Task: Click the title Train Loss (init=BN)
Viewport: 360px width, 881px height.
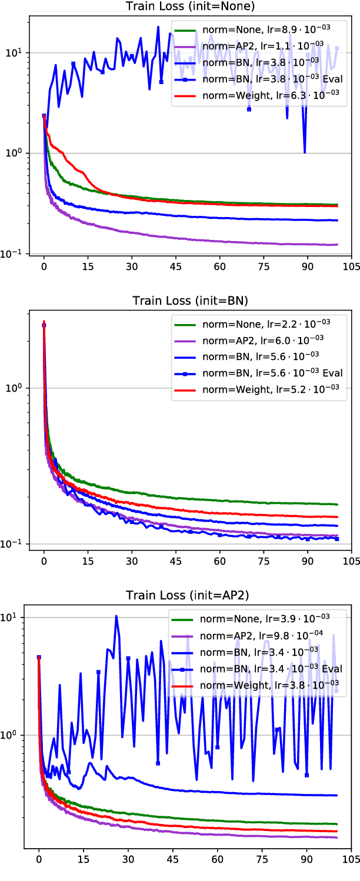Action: (x=188, y=302)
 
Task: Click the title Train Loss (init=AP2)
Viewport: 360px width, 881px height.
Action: (x=188, y=595)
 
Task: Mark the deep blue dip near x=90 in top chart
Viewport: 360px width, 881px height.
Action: (x=305, y=152)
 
